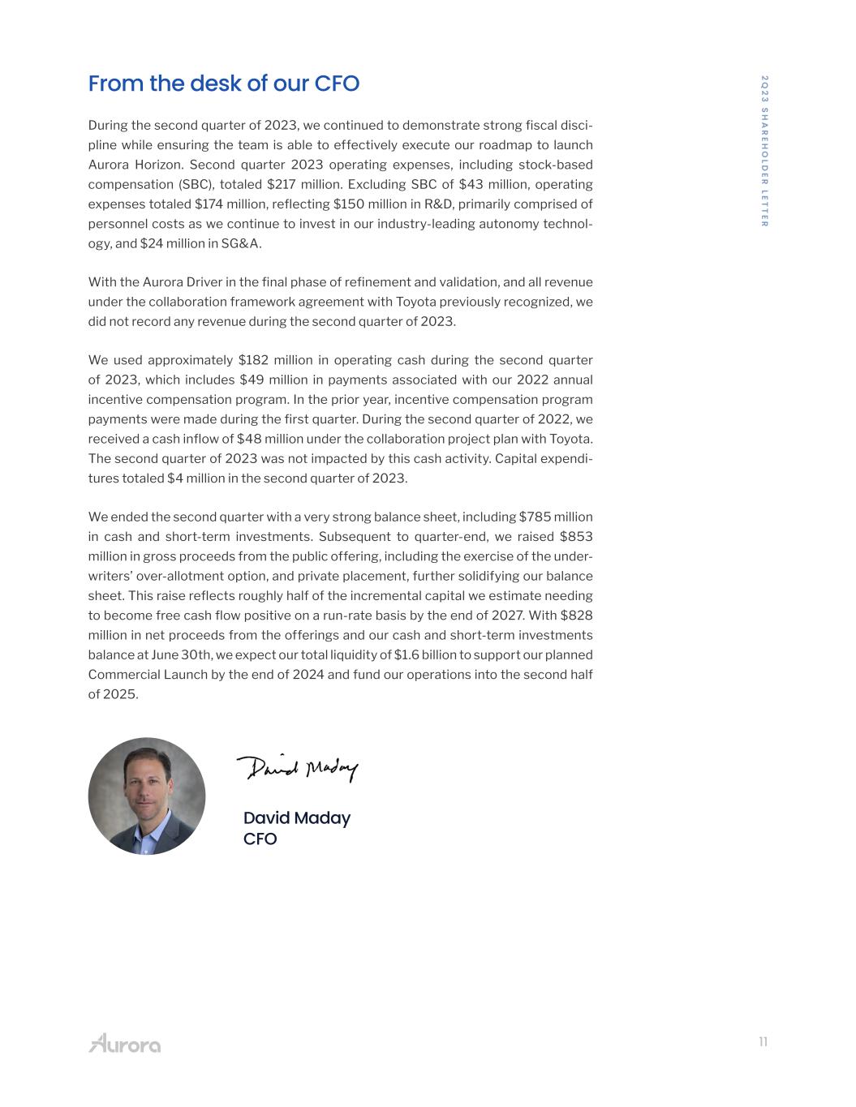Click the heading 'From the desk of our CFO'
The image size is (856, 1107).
click(223, 84)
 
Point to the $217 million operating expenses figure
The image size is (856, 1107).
click(285, 184)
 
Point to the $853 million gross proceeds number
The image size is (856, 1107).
click(576, 537)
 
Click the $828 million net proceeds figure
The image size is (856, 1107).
click(576, 616)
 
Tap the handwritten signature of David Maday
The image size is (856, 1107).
click(297, 767)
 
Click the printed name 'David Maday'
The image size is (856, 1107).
click(297, 818)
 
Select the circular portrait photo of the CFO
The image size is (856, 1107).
click(147, 796)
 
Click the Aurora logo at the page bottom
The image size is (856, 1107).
click(124, 1043)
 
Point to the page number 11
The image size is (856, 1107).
click(763, 1042)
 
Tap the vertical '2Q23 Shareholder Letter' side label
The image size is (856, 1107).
click(764, 151)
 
